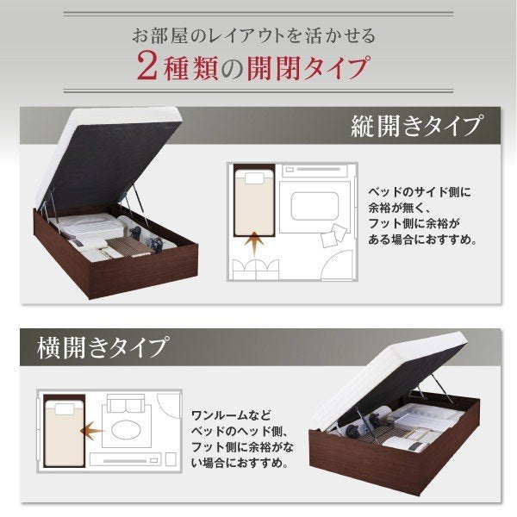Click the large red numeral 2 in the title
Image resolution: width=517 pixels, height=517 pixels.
point(146,66)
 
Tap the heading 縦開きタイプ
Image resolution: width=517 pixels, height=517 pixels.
point(416,126)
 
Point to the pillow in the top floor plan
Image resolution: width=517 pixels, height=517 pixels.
point(254,178)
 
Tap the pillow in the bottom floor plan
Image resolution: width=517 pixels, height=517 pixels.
point(65,409)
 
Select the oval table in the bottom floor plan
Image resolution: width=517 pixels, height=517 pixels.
point(127,430)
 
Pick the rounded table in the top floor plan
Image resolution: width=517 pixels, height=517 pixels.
point(315,206)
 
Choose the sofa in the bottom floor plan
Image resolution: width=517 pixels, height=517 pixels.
point(125,403)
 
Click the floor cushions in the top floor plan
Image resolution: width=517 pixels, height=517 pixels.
point(333,235)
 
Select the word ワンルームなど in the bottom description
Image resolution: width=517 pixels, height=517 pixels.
point(231,415)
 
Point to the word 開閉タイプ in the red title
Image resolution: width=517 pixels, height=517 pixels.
point(308,67)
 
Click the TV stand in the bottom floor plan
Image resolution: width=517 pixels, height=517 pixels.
point(125,459)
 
